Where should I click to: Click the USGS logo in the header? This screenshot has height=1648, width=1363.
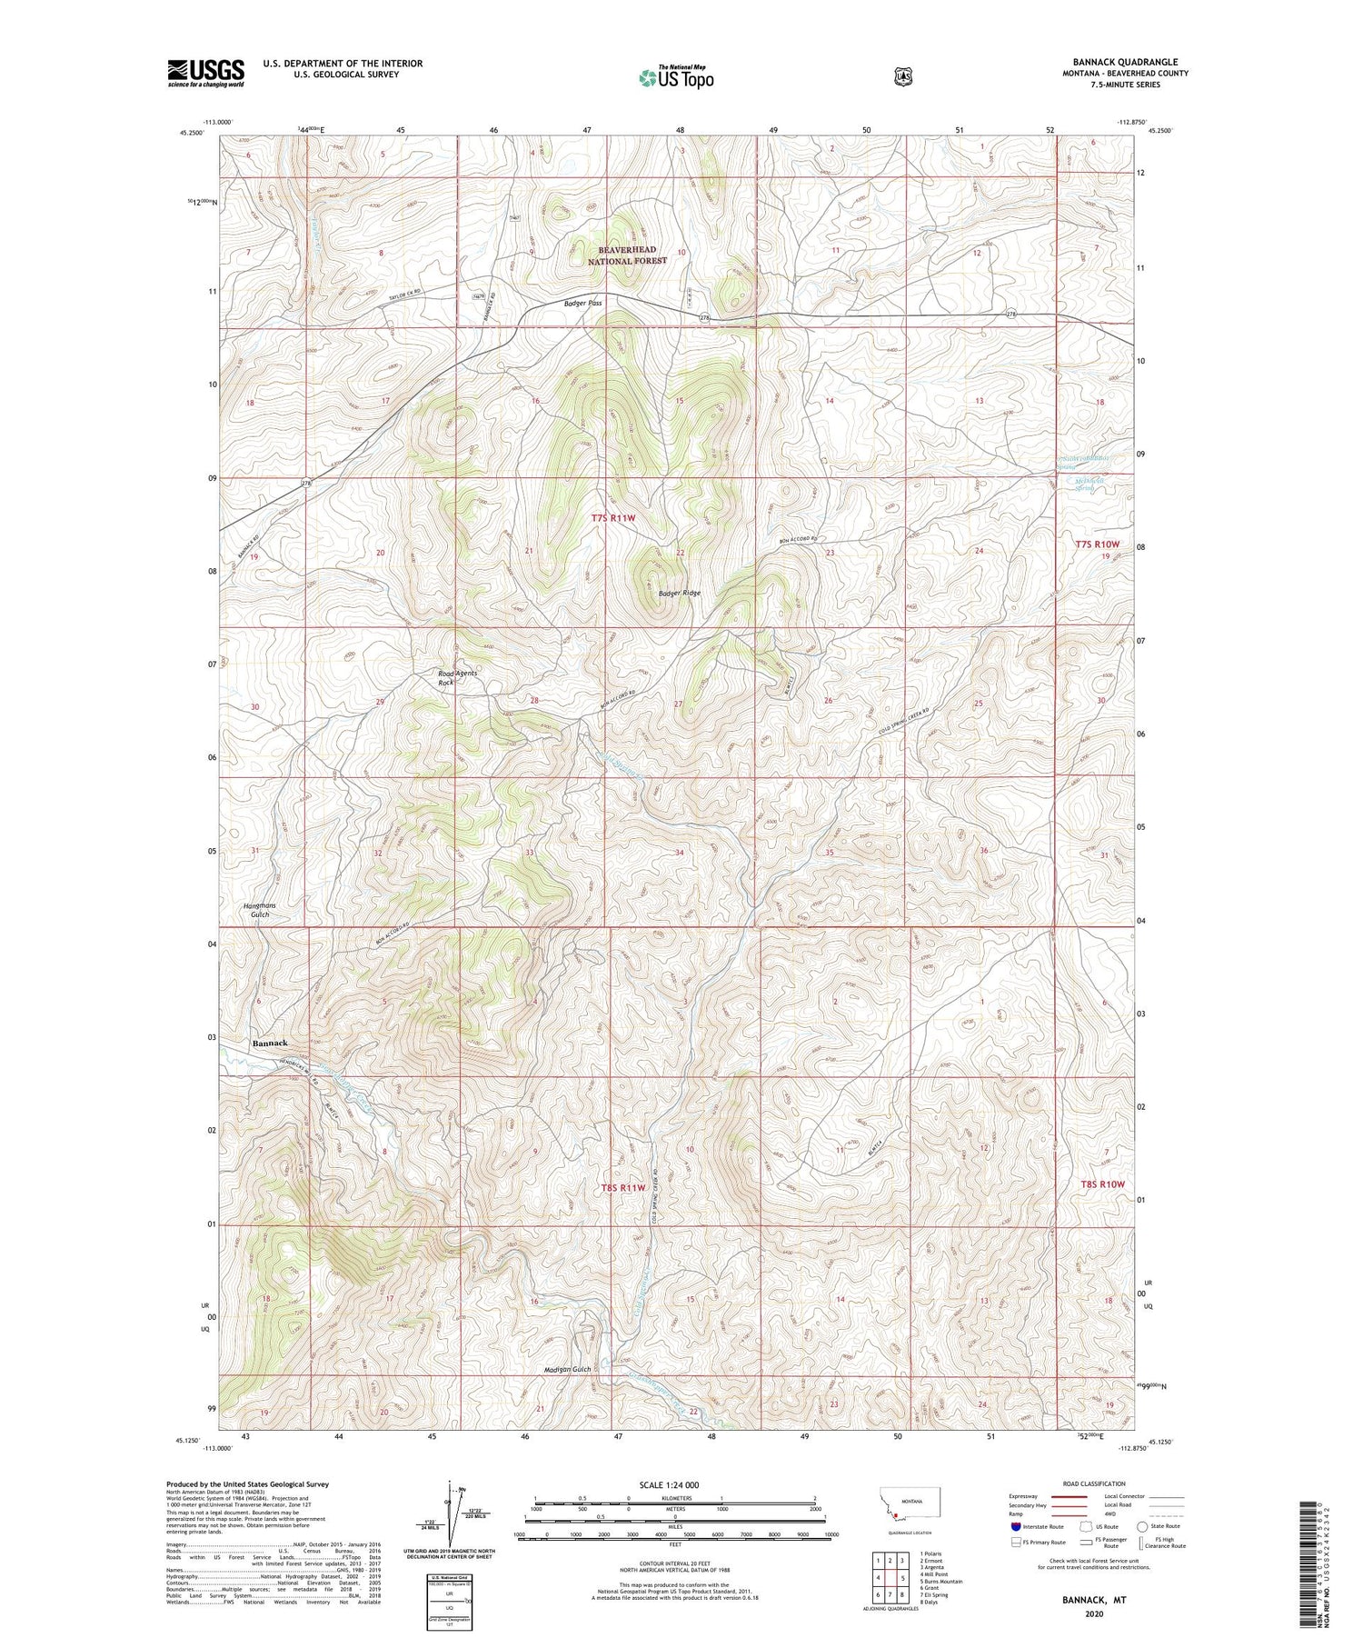click(x=205, y=72)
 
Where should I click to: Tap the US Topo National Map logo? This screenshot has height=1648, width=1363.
click(x=676, y=76)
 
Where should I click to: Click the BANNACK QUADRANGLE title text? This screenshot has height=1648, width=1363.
click(x=1124, y=62)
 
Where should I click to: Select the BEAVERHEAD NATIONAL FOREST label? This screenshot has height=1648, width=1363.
click(x=626, y=255)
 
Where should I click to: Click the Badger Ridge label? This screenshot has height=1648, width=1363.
click(x=679, y=593)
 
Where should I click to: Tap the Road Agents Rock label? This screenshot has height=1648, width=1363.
click(x=456, y=677)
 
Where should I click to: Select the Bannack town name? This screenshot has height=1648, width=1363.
click(x=270, y=1043)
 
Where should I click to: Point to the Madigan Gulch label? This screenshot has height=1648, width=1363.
click(x=568, y=1369)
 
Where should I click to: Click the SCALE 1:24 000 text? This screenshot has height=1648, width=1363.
click(x=673, y=1484)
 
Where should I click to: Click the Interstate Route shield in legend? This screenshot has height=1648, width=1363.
click(x=1015, y=1526)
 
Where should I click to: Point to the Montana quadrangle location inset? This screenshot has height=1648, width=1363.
click(x=910, y=1510)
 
